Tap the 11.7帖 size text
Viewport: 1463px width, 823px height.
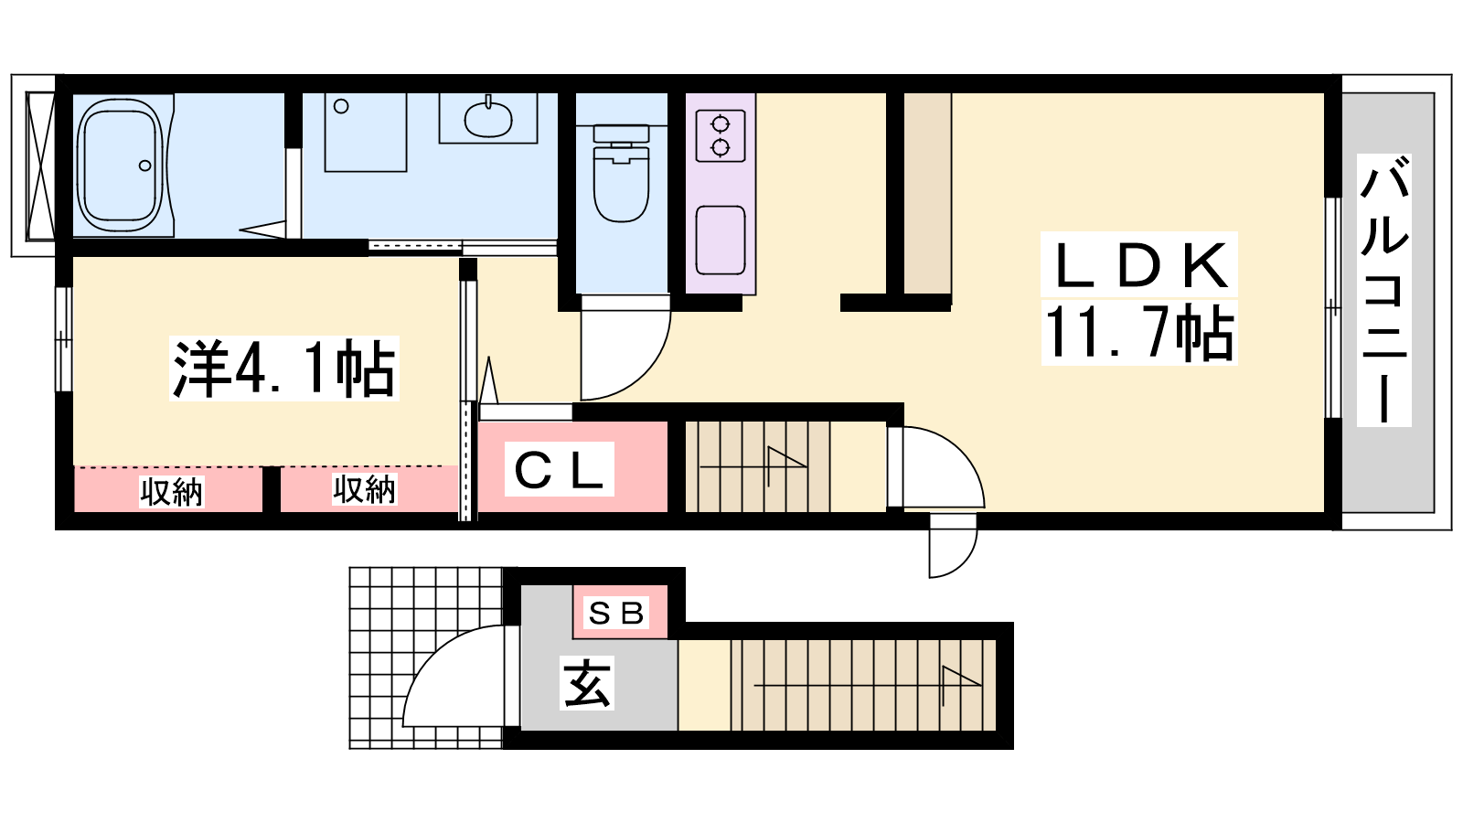(1139, 332)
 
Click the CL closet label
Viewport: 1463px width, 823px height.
(559, 470)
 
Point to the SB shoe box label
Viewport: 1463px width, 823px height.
(616, 613)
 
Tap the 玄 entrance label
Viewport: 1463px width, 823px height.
(586, 683)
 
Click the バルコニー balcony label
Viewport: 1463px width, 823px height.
(1384, 291)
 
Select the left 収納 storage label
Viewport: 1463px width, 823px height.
(172, 491)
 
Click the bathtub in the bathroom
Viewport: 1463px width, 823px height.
(120, 166)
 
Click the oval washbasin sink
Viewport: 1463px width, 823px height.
(488, 118)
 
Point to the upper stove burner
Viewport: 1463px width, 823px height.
(720, 123)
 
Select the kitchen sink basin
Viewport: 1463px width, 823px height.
(721, 240)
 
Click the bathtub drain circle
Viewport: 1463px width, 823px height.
(145, 166)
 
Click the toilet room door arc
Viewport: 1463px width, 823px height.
(644, 372)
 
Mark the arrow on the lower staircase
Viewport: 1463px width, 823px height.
(868, 685)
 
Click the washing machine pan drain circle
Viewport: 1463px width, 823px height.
(341, 106)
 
